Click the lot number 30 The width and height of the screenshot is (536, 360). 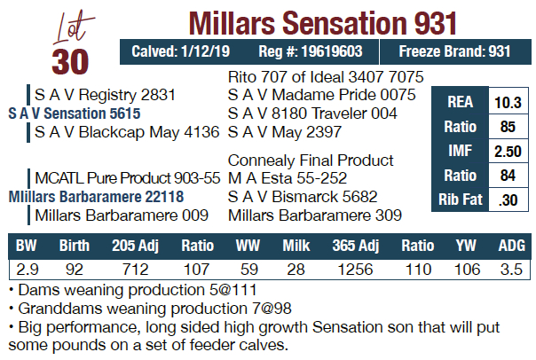coord(70,62)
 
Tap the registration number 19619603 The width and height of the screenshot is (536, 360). coord(336,51)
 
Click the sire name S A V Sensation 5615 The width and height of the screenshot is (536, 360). coord(74,113)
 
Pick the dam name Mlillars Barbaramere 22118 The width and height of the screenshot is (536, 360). coord(96,196)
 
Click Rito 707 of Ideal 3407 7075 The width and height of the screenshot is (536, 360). coord(326,77)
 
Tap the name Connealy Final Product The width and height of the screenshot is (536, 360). coord(311,160)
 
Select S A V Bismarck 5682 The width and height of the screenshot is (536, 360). coord(303,196)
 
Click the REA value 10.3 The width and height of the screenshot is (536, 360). coord(507,102)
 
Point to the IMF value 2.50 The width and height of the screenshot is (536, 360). coord(507,151)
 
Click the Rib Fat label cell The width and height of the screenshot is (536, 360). coord(459,200)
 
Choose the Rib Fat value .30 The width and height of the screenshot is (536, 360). coord(508,200)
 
